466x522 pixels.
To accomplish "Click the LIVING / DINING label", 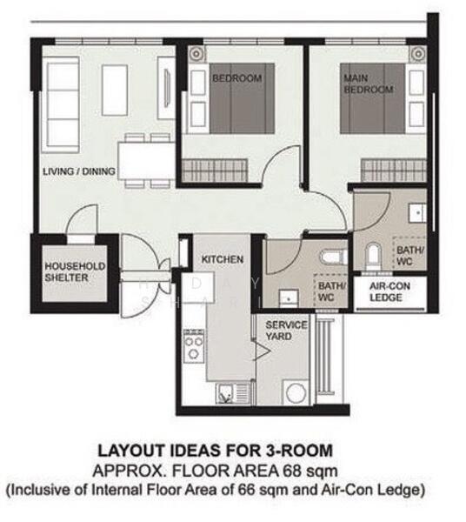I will click(79, 172).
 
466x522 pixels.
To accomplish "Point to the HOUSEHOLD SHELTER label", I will click(76, 271).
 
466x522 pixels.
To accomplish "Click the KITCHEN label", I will click(222, 259).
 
